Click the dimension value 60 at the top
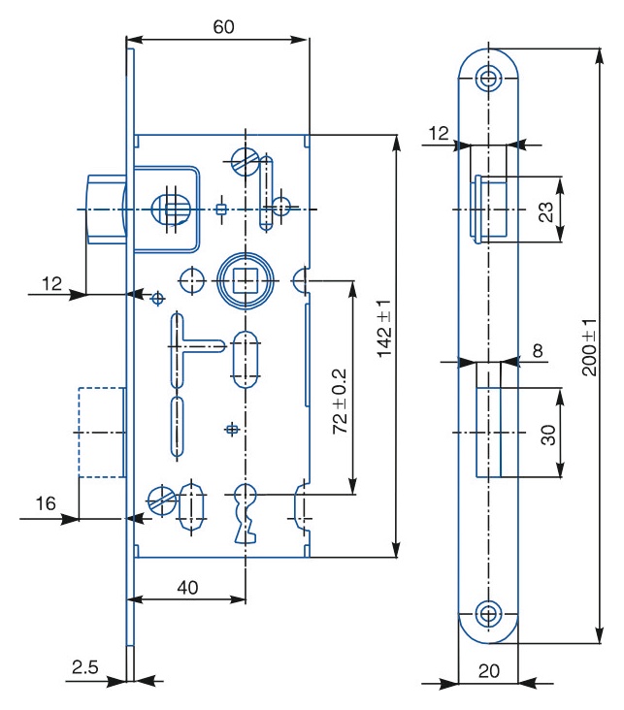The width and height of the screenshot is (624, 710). (x=223, y=27)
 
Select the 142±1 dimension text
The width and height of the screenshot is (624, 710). (x=384, y=329)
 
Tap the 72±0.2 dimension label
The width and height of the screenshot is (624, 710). (x=340, y=402)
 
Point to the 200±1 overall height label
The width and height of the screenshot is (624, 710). (x=589, y=347)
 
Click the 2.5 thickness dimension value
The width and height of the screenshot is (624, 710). (x=84, y=666)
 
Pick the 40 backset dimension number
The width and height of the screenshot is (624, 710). (x=187, y=587)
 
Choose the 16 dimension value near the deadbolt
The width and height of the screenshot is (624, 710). (x=46, y=503)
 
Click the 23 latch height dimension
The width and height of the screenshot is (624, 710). (x=545, y=211)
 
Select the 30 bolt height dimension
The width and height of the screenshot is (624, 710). (x=548, y=435)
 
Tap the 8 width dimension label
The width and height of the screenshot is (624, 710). (x=538, y=350)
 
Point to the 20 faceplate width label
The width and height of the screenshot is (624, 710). (x=489, y=670)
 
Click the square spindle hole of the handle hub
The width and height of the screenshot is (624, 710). (x=246, y=280)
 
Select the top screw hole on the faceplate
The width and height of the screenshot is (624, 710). (x=488, y=78)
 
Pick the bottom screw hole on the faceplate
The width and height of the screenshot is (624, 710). (x=488, y=614)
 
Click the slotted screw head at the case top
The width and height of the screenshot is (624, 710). (x=246, y=161)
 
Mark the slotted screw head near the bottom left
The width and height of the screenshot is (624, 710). (x=162, y=500)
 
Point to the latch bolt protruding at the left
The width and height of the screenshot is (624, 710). (x=107, y=210)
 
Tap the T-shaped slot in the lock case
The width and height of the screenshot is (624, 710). (x=197, y=348)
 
